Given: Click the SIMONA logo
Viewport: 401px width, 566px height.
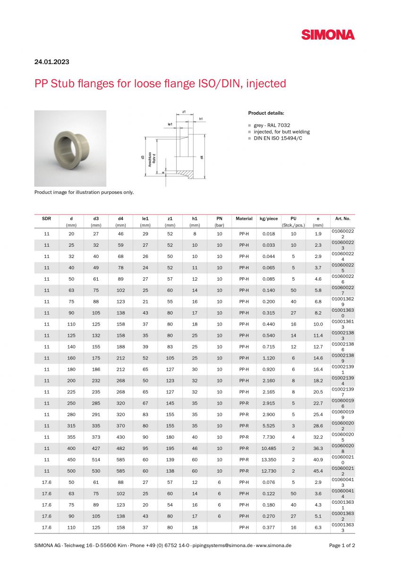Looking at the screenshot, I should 328,34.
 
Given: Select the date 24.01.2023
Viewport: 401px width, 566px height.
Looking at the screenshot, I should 51,62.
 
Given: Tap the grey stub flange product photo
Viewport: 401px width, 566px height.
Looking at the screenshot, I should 70,148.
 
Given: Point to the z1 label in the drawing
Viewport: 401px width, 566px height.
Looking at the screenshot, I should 184,112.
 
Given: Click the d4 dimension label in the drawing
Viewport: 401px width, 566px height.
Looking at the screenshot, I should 203,157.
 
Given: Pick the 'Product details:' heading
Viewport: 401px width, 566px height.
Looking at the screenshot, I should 266,113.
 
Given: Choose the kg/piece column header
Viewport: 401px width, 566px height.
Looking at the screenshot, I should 269,218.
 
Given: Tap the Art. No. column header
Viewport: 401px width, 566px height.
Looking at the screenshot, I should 342,218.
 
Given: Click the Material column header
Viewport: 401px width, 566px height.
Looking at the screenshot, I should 244,218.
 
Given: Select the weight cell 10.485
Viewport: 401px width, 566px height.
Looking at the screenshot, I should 269,448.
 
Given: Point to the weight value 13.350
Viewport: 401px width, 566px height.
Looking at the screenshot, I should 269,459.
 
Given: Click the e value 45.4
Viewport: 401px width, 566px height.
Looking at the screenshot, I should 318,471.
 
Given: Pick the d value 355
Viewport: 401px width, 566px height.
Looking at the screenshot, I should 71,437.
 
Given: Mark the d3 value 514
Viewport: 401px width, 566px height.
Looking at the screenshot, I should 96,459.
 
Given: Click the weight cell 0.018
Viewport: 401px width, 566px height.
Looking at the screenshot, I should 269,233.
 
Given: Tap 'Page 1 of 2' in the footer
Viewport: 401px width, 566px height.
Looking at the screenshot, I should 342,545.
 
